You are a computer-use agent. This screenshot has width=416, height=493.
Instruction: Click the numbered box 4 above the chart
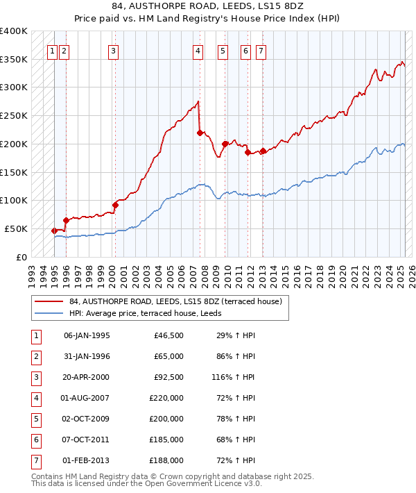click(198, 50)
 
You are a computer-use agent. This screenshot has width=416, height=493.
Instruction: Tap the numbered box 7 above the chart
click(261, 50)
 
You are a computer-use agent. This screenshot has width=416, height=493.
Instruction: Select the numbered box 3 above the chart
click(113, 50)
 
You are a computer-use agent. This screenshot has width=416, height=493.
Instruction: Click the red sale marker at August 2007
click(200, 133)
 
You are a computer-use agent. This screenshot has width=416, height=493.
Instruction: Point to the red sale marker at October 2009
click(225, 144)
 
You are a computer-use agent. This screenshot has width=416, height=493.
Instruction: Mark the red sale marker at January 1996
click(66, 220)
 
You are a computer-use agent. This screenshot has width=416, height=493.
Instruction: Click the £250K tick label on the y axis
click(14, 115)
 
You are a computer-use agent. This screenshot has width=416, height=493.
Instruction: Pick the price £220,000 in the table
click(166, 399)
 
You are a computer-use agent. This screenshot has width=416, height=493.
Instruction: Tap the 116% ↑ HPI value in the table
click(236, 378)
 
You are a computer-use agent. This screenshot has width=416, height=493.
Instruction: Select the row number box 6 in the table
click(35, 440)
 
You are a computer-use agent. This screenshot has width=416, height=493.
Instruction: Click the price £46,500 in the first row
click(168, 335)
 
